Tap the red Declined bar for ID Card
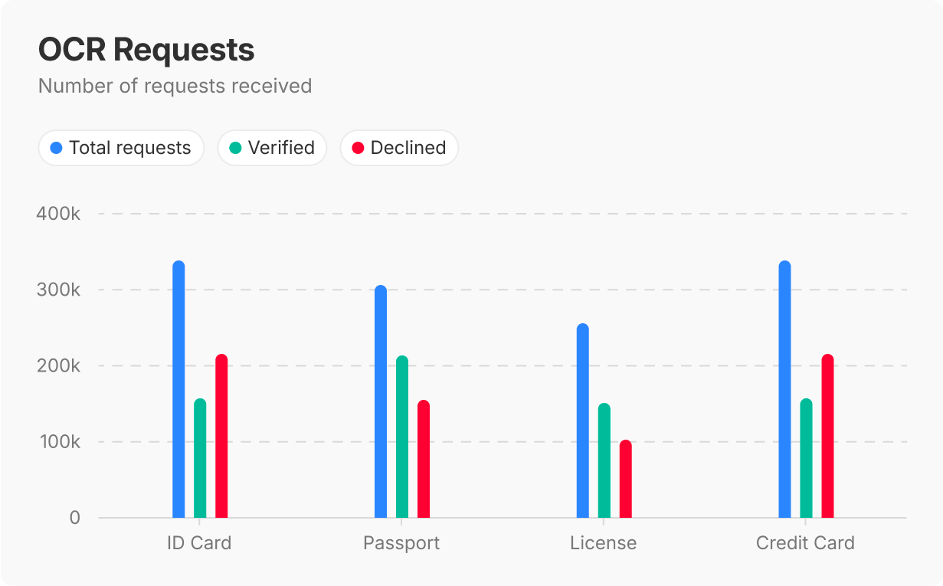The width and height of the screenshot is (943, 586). point(221,436)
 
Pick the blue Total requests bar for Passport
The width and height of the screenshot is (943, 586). point(381,401)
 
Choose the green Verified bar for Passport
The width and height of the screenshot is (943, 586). point(402,437)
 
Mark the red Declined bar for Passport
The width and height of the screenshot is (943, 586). point(424,459)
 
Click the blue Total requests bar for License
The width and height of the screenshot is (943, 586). point(583,421)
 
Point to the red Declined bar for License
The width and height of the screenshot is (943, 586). point(626,479)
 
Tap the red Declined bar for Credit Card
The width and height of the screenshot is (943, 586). point(827,436)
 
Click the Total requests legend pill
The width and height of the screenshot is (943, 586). point(121,148)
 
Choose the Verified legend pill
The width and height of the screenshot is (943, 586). point(272,148)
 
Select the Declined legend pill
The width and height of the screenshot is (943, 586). point(399,148)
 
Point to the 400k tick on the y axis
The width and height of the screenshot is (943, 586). point(58,214)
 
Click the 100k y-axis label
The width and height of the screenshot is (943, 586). point(58,442)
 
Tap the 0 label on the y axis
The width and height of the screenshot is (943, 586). point(74,518)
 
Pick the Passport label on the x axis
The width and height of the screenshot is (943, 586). point(401,544)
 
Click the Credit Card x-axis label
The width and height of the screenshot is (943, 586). point(805,544)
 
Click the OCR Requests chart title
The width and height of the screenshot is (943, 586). point(146,50)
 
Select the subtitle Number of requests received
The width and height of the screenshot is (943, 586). point(175,86)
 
